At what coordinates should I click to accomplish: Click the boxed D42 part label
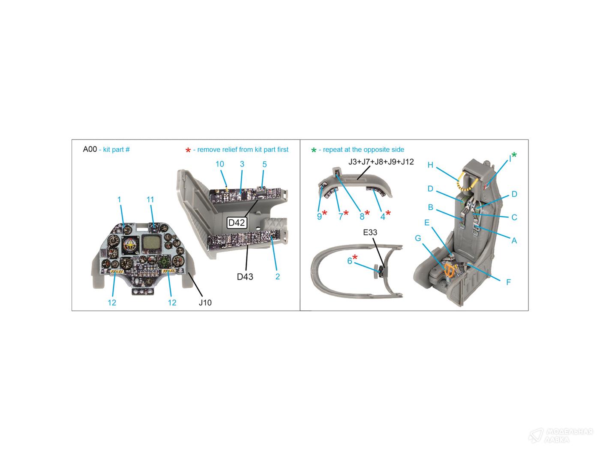(237, 223)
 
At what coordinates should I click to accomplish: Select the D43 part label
(245, 277)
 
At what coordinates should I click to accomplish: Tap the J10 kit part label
(205, 303)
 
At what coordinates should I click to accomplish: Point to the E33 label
(370, 232)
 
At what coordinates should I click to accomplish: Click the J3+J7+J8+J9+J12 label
(381, 162)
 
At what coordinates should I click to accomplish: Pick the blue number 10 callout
(219, 164)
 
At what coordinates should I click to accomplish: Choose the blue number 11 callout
(150, 199)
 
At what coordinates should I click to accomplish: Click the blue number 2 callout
(277, 276)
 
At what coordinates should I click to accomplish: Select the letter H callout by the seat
(430, 165)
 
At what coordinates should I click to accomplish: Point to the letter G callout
(418, 238)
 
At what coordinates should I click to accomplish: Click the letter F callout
(508, 282)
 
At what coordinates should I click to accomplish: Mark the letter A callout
(514, 240)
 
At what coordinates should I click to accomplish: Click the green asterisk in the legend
(314, 150)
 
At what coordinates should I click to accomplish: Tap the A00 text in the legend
(90, 149)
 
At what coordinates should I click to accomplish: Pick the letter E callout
(427, 223)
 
